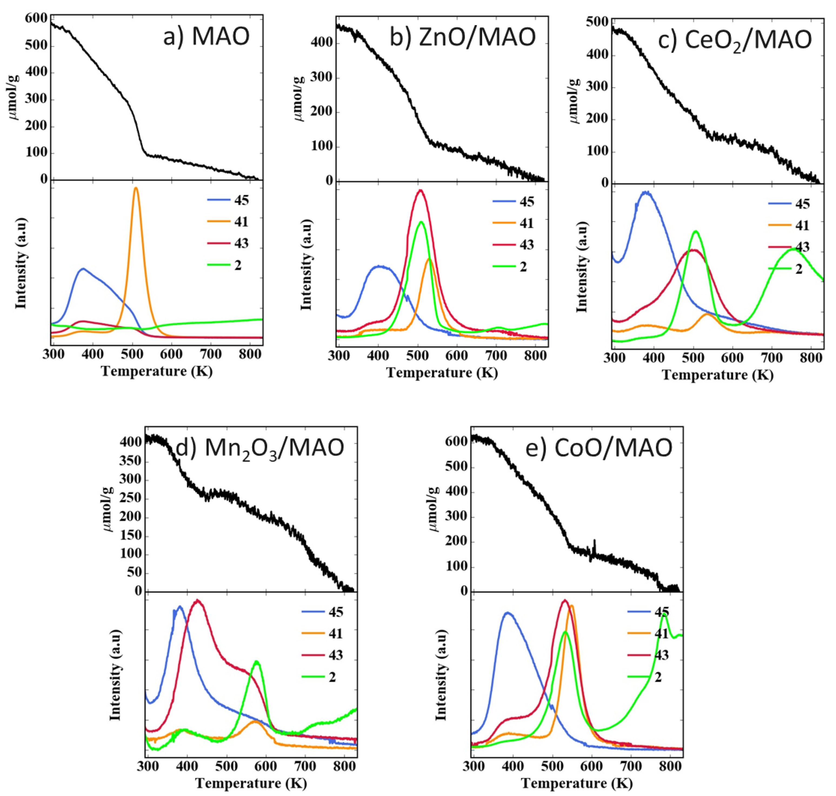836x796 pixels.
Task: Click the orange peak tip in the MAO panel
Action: click(136, 188)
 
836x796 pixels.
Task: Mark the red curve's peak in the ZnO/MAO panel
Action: click(421, 190)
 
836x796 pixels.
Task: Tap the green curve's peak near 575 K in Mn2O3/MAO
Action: click(256, 661)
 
